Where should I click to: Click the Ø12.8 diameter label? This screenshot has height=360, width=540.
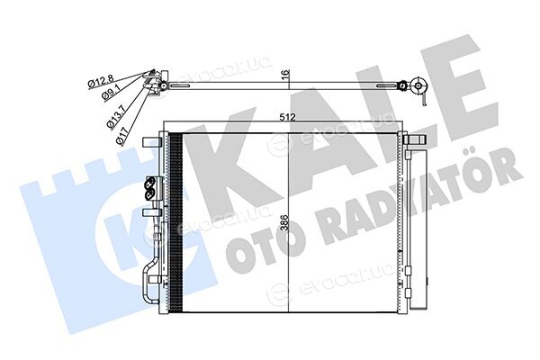(101, 82)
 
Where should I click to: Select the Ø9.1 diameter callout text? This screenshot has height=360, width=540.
(111, 93)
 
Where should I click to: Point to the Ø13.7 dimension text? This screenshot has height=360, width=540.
(117, 118)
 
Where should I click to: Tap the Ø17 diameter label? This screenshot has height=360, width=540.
(122, 136)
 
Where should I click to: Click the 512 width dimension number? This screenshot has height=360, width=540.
(288, 118)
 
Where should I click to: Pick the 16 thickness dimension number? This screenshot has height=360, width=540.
(286, 74)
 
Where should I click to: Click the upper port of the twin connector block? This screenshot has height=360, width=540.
(149, 183)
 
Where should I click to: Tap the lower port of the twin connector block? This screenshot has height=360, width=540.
(149, 195)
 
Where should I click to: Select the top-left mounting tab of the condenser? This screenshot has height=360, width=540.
(151, 141)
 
